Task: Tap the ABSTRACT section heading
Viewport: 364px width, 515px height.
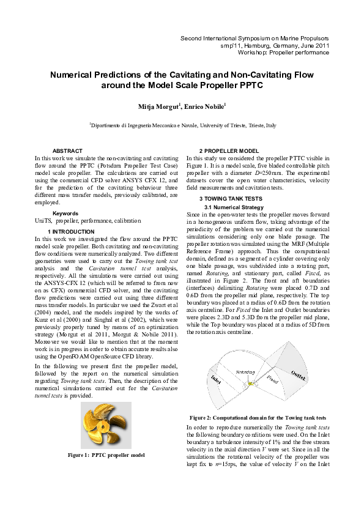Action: (x=68, y=150)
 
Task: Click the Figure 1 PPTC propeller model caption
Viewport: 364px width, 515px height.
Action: (x=106, y=456)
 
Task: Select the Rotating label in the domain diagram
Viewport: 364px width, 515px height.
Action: (x=245, y=371)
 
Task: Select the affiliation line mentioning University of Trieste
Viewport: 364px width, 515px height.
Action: (x=182, y=125)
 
